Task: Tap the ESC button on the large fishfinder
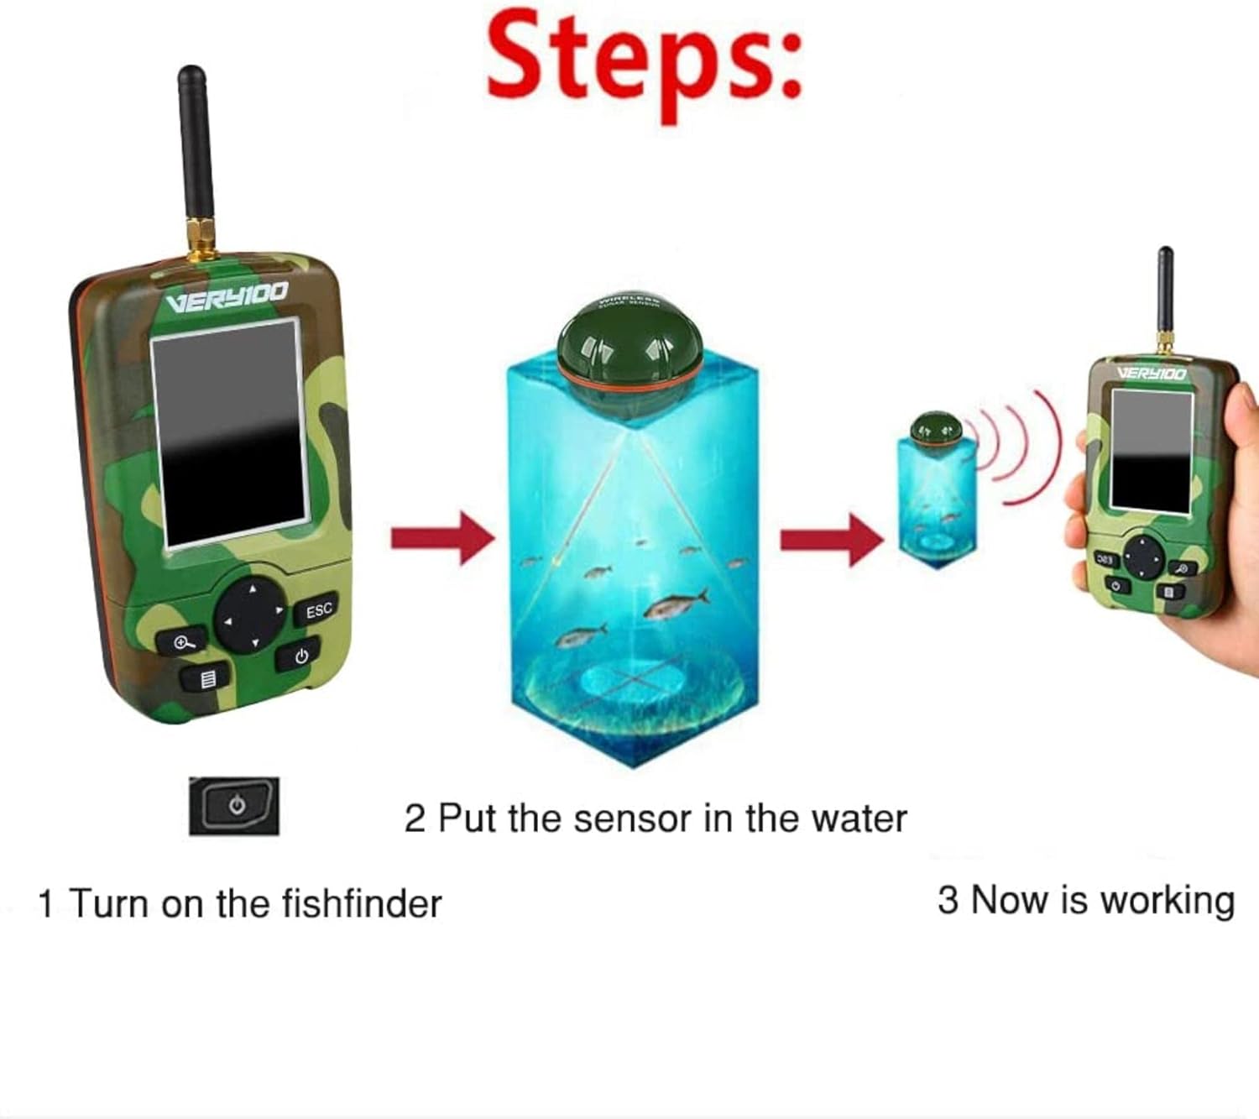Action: (x=318, y=610)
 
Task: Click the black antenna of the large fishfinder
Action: (x=196, y=151)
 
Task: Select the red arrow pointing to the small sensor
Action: (x=831, y=539)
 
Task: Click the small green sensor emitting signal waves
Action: (x=936, y=429)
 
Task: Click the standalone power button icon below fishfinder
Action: (x=234, y=806)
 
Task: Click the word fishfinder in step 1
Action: (x=362, y=904)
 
